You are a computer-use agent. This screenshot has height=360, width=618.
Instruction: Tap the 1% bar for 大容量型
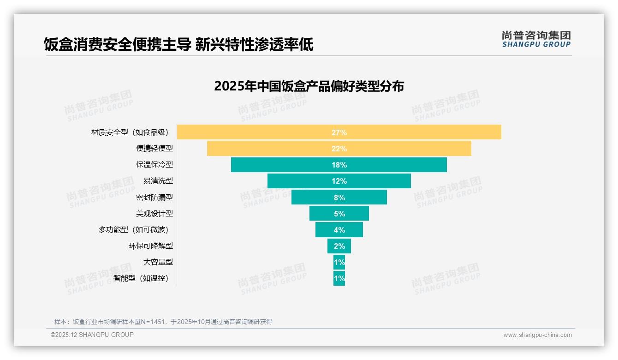pos(339,262)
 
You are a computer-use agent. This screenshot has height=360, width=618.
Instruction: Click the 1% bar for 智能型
pos(339,278)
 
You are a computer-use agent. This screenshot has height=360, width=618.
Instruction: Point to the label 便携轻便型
pos(154,149)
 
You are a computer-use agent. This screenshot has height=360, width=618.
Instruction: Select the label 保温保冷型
pos(154,165)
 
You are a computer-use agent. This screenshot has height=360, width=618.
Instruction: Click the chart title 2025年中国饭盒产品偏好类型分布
pos(309,86)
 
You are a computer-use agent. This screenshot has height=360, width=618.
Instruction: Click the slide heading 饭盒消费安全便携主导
pos(117,45)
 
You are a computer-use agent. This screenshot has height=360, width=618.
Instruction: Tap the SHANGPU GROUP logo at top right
pos(536,39)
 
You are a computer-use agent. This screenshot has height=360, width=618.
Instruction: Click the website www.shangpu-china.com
pos(537,335)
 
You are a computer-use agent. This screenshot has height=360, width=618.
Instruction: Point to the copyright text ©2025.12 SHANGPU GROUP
pos(92,335)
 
